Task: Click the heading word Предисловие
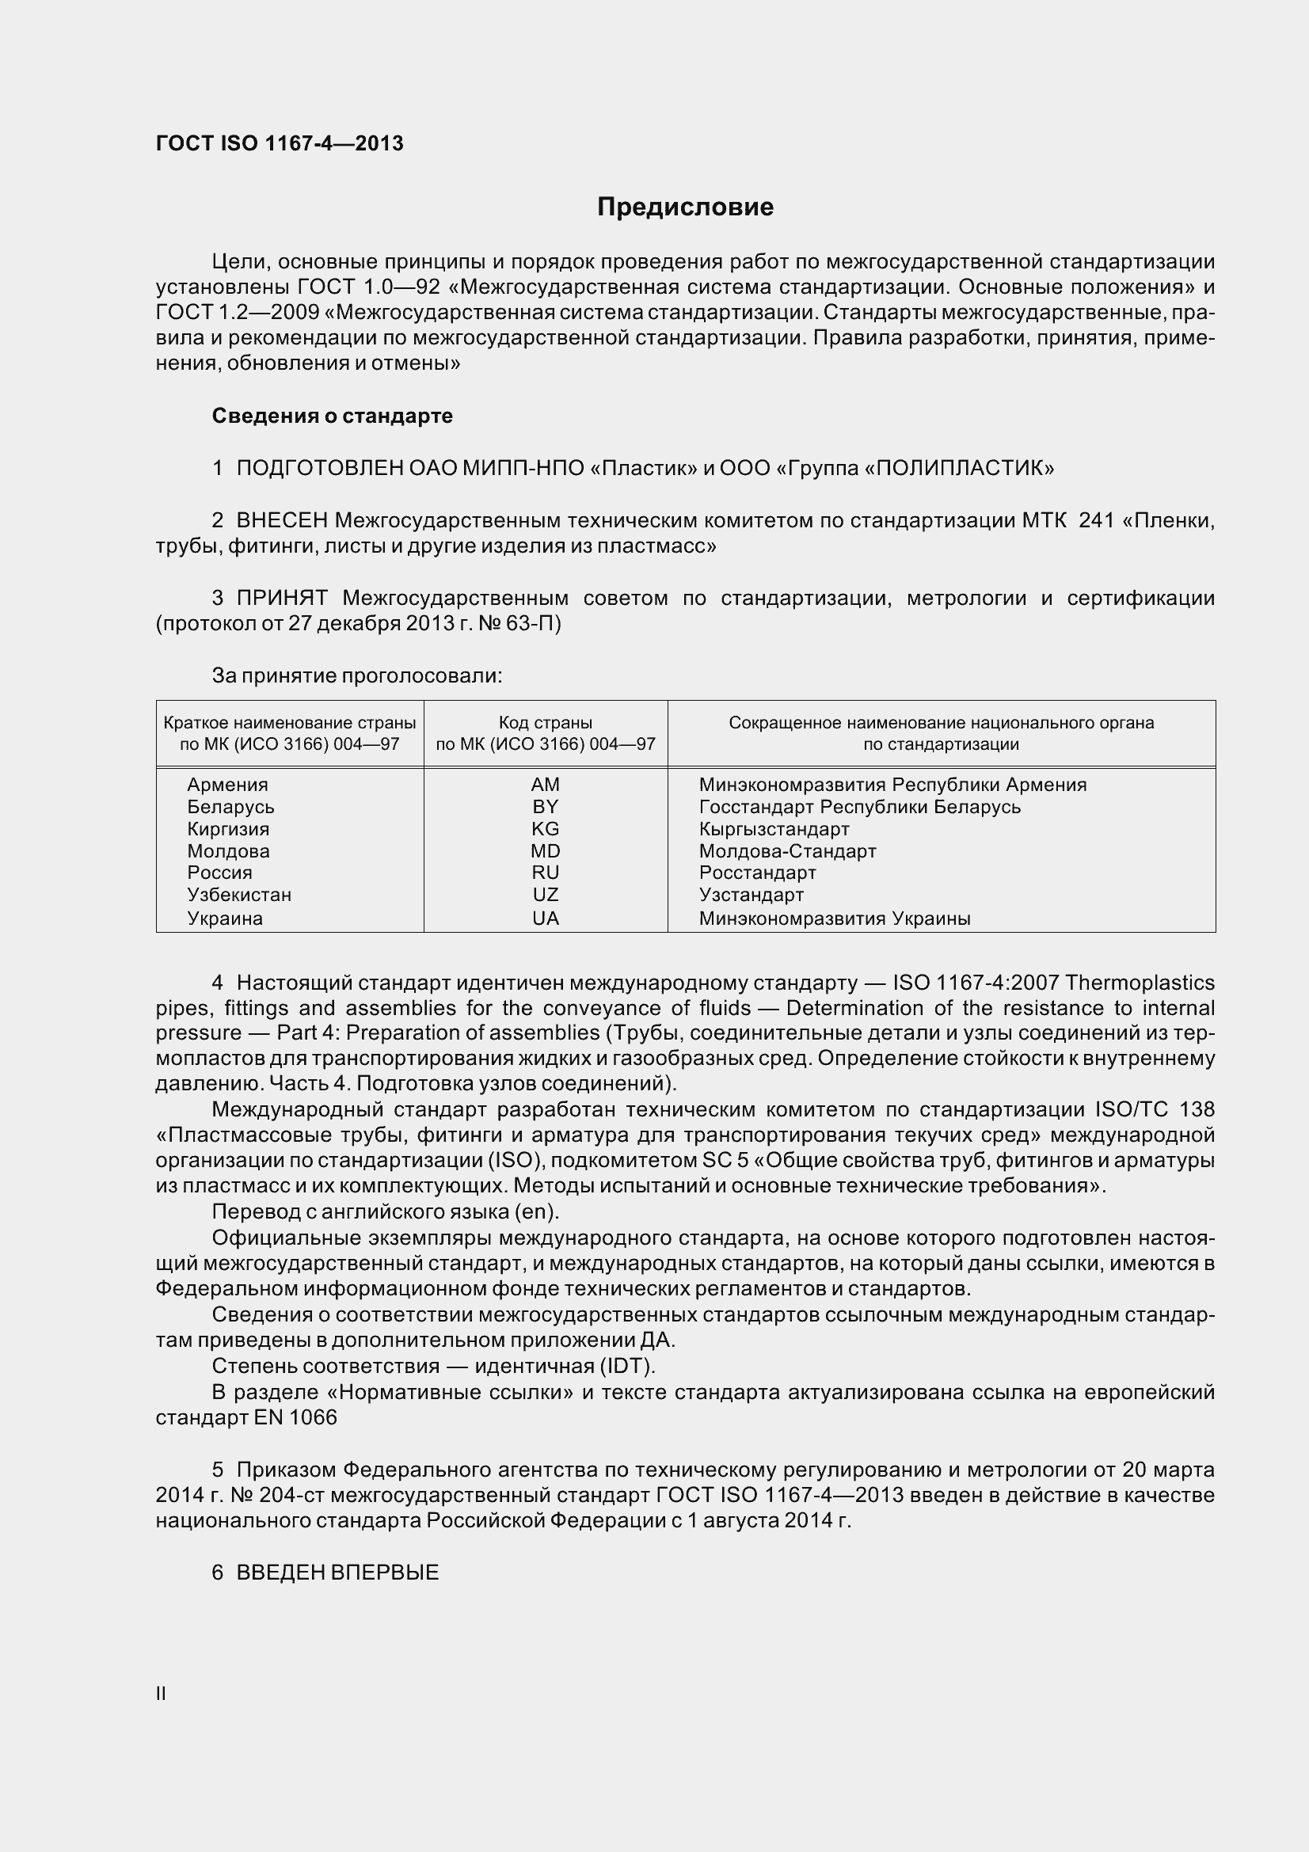pos(685,207)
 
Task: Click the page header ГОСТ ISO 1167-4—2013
pos(279,143)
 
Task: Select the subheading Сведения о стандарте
pos(332,416)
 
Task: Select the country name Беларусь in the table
pos(230,807)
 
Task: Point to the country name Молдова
pos(228,851)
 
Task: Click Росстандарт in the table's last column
pos(757,873)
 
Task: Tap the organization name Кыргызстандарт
pos(774,828)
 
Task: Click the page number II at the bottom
pos(161,1693)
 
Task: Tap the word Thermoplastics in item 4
pos(1140,983)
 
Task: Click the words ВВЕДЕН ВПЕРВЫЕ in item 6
pos(337,1572)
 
